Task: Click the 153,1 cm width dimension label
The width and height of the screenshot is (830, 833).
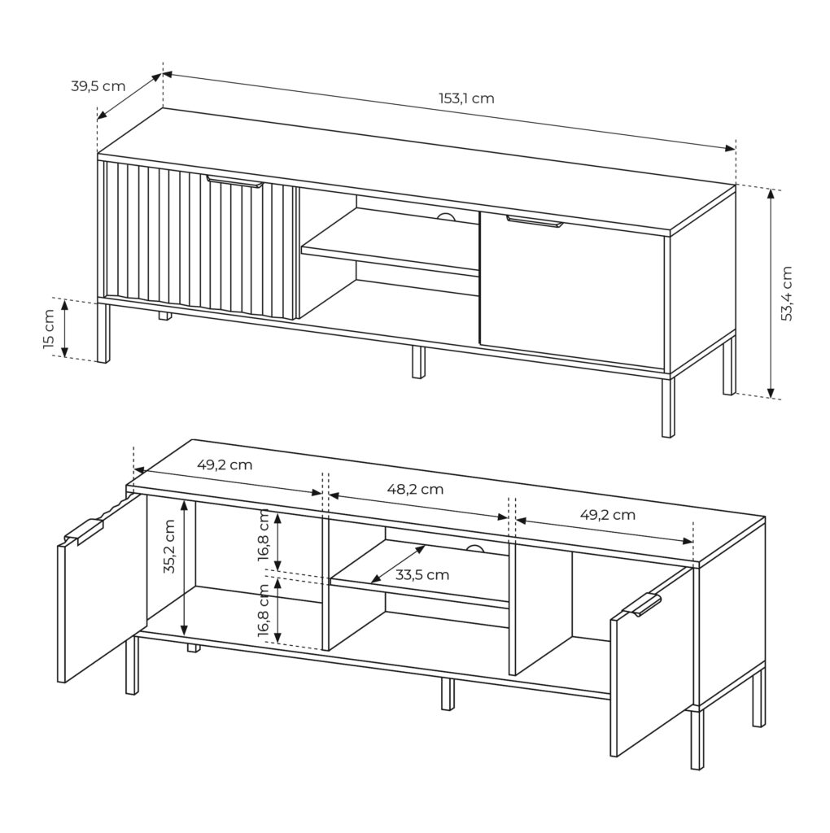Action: pyautogui.click(x=466, y=98)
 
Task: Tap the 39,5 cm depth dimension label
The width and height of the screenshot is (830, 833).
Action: pyautogui.click(x=98, y=86)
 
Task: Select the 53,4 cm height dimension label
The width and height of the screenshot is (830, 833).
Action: pyautogui.click(x=786, y=293)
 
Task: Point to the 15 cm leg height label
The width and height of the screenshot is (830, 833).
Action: pyautogui.click(x=50, y=329)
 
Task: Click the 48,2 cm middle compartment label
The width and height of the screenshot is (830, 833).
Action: pyautogui.click(x=416, y=489)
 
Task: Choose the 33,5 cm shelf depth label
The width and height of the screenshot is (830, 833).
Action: pyautogui.click(x=422, y=575)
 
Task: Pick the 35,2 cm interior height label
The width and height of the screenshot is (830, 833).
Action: pyautogui.click(x=169, y=546)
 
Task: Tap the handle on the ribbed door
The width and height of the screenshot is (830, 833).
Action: pyautogui.click(x=234, y=181)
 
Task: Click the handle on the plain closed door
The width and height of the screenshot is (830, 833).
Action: pyautogui.click(x=534, y=221)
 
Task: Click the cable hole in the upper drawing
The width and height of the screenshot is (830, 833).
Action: pyautogui.click(x=447, y=216)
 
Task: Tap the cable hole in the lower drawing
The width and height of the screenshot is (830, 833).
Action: pyautogui.click(x=474, y=549)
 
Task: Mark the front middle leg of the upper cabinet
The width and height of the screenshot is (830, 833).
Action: pyautogui.click(x=419, y=362)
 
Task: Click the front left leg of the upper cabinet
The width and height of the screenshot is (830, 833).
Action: pyautogui.click(x=104, y=333)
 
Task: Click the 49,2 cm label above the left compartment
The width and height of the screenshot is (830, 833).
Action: pyautogui.click(x=225, y=465)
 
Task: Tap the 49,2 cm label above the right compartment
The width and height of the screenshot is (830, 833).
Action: pyautogui.click(x=607, y=515)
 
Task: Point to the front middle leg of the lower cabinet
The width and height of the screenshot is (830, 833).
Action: pyautogui.click(x=448, y=694)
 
